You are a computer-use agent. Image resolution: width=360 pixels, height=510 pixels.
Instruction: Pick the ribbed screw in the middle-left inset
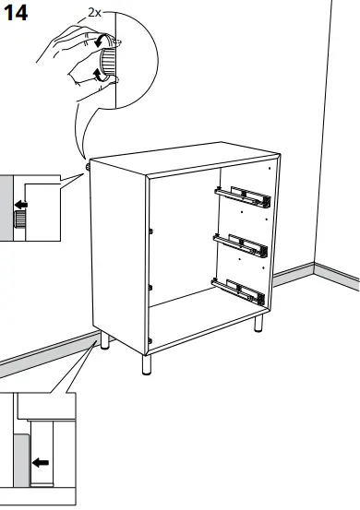[18, 219]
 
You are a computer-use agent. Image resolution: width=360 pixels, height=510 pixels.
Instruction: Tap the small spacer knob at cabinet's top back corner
[88, 168]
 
